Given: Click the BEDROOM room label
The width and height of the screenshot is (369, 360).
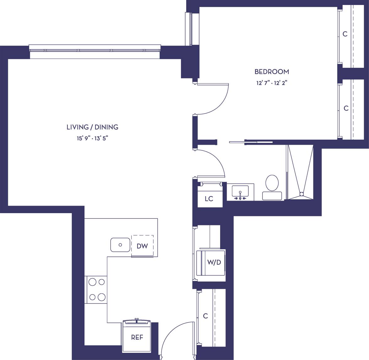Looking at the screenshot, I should [x=272, y=72].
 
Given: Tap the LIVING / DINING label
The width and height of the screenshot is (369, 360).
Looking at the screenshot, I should [x=92, y=127].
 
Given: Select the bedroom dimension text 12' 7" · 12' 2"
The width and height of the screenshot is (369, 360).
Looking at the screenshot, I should [x=272, y=83].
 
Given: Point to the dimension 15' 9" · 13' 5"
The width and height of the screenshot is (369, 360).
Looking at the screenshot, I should [x=92, y=138].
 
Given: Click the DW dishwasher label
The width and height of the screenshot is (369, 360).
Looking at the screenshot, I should [x=142, y=246].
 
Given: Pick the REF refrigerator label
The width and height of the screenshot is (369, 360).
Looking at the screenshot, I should [x=137, y=338].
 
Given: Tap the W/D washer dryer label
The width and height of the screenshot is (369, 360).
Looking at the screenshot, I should [x=214, y=263].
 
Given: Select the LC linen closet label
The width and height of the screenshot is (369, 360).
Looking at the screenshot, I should [x=209, y=199].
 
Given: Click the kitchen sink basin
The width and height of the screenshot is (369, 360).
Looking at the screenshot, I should [x=120, y=245].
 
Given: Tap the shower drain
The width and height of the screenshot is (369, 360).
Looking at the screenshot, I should [x=301, y=194].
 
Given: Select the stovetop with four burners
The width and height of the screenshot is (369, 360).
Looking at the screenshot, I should [x=97, y=289].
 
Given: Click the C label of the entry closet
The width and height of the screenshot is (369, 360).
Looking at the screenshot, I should [x=205, y=316].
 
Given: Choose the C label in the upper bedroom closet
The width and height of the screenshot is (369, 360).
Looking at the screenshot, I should [x=345, y=34].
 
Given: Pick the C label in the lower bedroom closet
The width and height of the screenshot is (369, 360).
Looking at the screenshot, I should [x=346, y=108].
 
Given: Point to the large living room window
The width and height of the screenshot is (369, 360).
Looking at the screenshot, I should [x=95, y=50].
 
